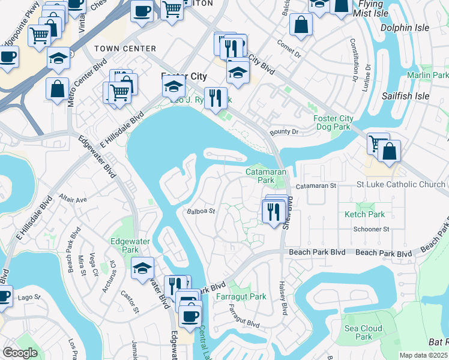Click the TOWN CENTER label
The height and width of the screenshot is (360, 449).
coord(125,49)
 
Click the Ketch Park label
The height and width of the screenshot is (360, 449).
coord(364,214)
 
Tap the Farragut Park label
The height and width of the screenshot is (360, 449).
coord(241,296)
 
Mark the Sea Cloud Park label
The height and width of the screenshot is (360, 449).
coord(363,332)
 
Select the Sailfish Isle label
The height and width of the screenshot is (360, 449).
coord(405,96)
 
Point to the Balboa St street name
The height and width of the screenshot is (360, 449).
coord(200,211)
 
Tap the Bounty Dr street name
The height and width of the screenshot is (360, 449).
coord(284,131)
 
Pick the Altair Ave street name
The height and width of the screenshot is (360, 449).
coord(73,199)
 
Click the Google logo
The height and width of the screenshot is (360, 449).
coord(20,353)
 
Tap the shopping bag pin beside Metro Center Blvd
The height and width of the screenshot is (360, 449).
coord(57,89)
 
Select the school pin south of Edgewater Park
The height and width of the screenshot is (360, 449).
coord(142,268)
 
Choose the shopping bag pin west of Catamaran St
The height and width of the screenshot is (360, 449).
coord(389,152)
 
